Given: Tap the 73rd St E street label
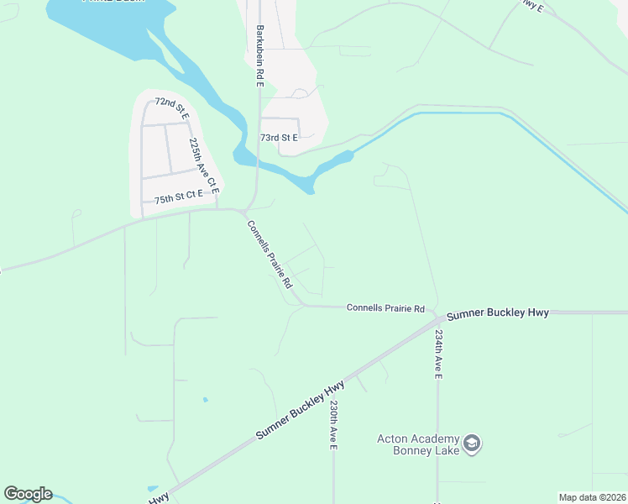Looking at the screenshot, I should click(279, 137).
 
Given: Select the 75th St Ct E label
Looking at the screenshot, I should click(179, 200).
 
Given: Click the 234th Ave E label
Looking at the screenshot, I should click(437, 353).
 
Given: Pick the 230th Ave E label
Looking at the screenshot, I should click(333, 424).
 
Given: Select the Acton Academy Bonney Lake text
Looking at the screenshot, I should click(417, 444).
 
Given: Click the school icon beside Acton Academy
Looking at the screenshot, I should click(472, 444).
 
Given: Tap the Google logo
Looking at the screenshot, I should click(28, 494).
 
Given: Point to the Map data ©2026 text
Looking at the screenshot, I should click(592, 496).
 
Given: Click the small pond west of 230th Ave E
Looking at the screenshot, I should click(205, 399).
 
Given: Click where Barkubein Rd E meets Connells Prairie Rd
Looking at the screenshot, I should click(245, 210).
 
